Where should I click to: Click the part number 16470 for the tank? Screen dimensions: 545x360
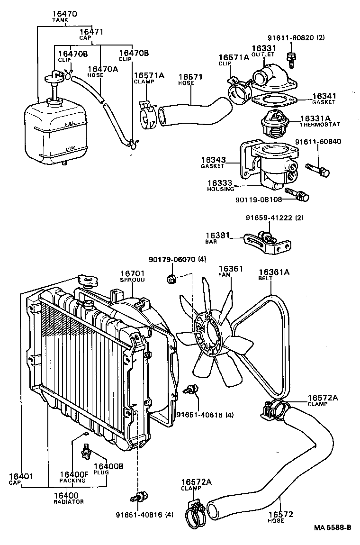tap(64, 15)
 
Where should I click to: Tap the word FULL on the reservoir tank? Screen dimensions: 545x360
tap(69, 125)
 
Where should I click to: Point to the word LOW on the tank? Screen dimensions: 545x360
tap(70, 148)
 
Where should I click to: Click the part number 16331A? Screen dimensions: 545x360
tap(315, 118)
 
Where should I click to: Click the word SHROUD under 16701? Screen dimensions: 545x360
tap(132, 280)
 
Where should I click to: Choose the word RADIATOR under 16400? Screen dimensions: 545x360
tap(69, 501)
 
